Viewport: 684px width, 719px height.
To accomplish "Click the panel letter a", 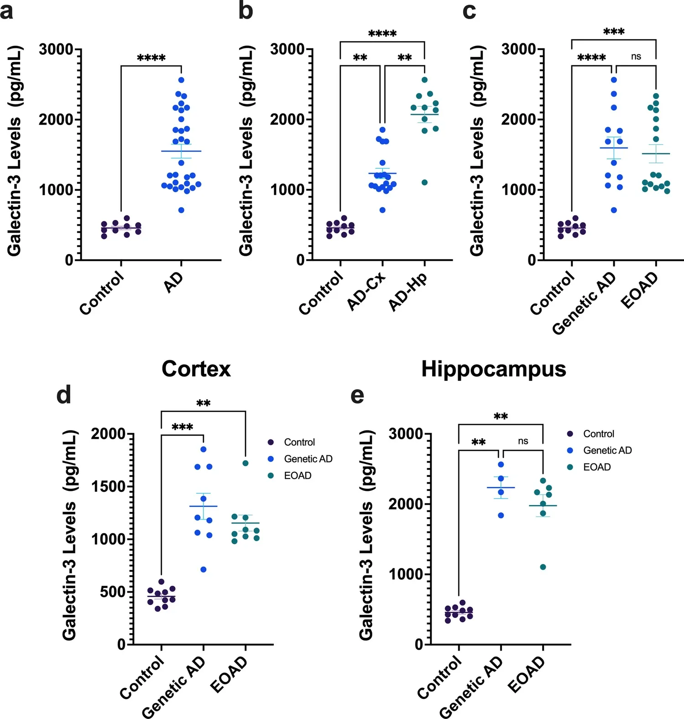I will coord(6,11).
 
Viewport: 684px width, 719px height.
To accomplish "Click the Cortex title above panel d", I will coord(196,369).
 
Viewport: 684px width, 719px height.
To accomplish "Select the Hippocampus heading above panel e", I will coord(493,369).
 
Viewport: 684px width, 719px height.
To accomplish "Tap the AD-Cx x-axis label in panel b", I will coord(366,291).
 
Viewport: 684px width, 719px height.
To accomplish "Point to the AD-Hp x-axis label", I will coord(408,292).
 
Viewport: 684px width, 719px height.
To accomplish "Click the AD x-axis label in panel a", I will coord(174,283).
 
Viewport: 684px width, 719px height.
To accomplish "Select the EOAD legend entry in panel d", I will coord(298,475).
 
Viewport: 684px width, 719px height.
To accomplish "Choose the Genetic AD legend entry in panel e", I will coord(607,450).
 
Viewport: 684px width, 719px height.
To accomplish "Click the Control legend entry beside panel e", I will coord(599,434).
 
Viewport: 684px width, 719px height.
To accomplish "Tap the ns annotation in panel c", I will coord(636,57).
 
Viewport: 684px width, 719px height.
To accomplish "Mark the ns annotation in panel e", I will coord(523,441).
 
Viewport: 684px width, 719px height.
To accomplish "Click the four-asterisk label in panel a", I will coord(151,58).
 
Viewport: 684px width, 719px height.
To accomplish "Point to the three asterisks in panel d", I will coord(182,427).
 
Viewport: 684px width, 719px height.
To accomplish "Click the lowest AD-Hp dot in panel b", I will coord(424,182).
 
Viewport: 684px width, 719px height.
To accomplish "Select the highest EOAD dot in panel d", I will coord(245,463).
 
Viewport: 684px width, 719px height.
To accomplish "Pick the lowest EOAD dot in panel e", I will coord(543,567).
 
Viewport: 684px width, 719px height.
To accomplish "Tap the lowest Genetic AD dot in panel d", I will coord(204,569).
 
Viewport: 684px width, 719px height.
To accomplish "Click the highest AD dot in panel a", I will coord(181,80).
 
